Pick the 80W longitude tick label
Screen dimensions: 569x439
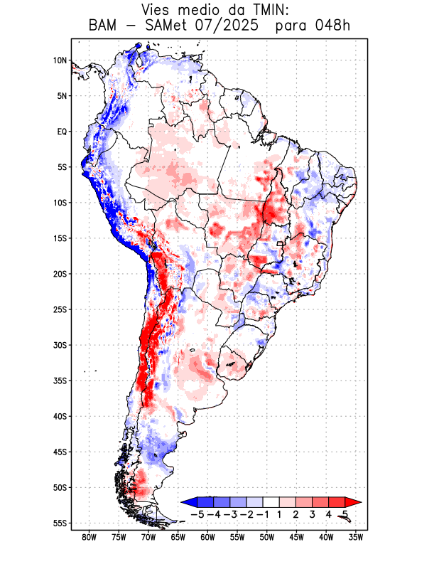point(90,538)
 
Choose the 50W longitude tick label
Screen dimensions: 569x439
point(268,538)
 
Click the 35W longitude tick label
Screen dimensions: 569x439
point(357,538)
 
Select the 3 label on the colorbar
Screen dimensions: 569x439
point(313,514)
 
